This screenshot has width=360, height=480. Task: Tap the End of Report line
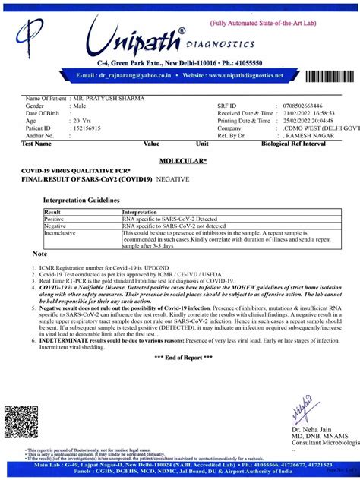click(x=181, y=356)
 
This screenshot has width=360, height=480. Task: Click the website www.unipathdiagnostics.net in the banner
click(x=242, y=76)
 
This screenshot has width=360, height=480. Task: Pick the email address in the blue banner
click(x=126, y=76)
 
